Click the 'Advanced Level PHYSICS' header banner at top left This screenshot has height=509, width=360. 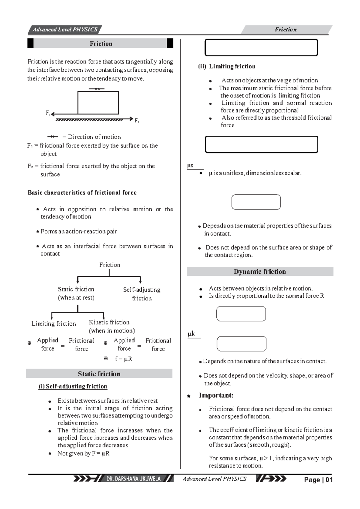(65, 29)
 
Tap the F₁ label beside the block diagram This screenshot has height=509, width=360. (48, 113)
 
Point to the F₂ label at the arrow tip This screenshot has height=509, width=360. (137, 121)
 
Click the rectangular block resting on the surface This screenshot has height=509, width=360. (98, 103)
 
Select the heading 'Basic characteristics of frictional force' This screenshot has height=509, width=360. (82, 193)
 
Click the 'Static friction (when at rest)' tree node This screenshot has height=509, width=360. (76, 293)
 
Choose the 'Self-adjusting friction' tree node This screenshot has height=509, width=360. (142, 294)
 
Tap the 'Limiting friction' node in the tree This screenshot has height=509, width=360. (54, 324)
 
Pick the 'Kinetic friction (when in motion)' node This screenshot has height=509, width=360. (111, 326)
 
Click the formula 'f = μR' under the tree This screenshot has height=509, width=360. (123, 359)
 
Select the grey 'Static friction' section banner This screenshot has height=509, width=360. (99, 374)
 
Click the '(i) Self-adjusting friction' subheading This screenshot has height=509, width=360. (73, 386)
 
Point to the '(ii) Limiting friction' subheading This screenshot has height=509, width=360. (227, 66)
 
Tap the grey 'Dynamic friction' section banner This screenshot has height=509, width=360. (260, 272)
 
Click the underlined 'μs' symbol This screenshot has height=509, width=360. (190, 166)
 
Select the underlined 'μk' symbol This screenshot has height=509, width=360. (191, 334)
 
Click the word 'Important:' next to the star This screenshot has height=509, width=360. (216, 395)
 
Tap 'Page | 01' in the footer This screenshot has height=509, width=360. (318, 480)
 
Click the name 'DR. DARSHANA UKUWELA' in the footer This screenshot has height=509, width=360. (133, 479)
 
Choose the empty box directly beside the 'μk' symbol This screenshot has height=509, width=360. (241, 344)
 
